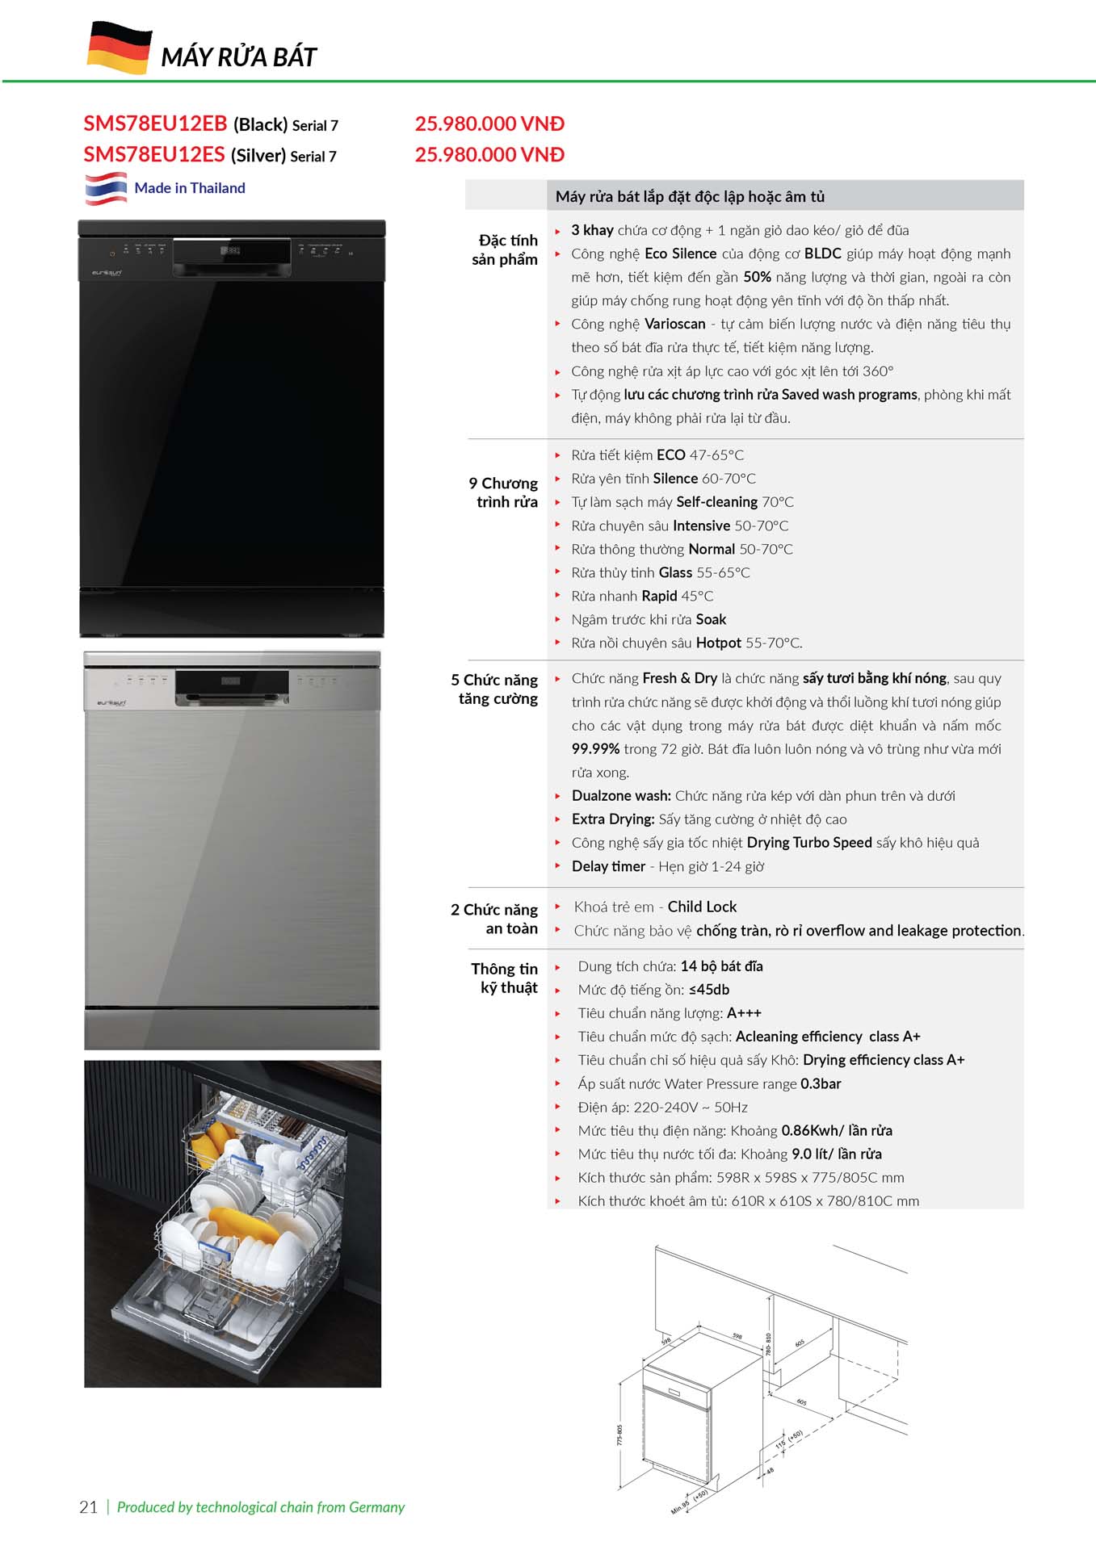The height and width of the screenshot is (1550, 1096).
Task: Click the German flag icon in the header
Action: point(119,48)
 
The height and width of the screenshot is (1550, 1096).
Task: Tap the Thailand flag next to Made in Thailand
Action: point(106,188)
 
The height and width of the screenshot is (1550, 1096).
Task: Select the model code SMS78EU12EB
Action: point(155,124)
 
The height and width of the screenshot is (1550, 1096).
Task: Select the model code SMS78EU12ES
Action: point(153,154)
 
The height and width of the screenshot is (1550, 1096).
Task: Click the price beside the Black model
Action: point(489,124)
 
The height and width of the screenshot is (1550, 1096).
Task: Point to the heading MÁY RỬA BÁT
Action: point(238,57)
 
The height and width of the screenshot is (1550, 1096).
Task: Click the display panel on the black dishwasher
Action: point(231,251)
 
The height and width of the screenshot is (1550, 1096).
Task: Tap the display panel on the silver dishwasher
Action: point(231,682)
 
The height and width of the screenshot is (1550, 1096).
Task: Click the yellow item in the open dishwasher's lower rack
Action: point(244,1225)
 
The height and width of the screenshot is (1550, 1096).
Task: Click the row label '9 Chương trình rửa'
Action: point(503,492)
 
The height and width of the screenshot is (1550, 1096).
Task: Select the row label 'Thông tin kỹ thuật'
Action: point(505,978)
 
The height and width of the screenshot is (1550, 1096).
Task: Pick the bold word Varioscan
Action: point(675,324)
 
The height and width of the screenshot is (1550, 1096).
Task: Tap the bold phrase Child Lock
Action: point(702,907)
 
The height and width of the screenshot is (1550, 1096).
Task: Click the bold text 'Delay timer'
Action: point(608,866)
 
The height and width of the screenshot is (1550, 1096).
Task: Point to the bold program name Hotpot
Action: point(718,643)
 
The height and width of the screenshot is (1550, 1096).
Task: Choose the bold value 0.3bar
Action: point(821,1083)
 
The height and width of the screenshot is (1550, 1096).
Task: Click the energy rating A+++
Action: point(744,1013)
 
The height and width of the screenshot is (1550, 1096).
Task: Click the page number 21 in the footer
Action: point(88,1506)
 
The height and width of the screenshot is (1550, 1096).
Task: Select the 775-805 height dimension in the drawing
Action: point(619,1434)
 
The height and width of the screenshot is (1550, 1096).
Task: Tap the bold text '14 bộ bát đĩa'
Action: point(721,966)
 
